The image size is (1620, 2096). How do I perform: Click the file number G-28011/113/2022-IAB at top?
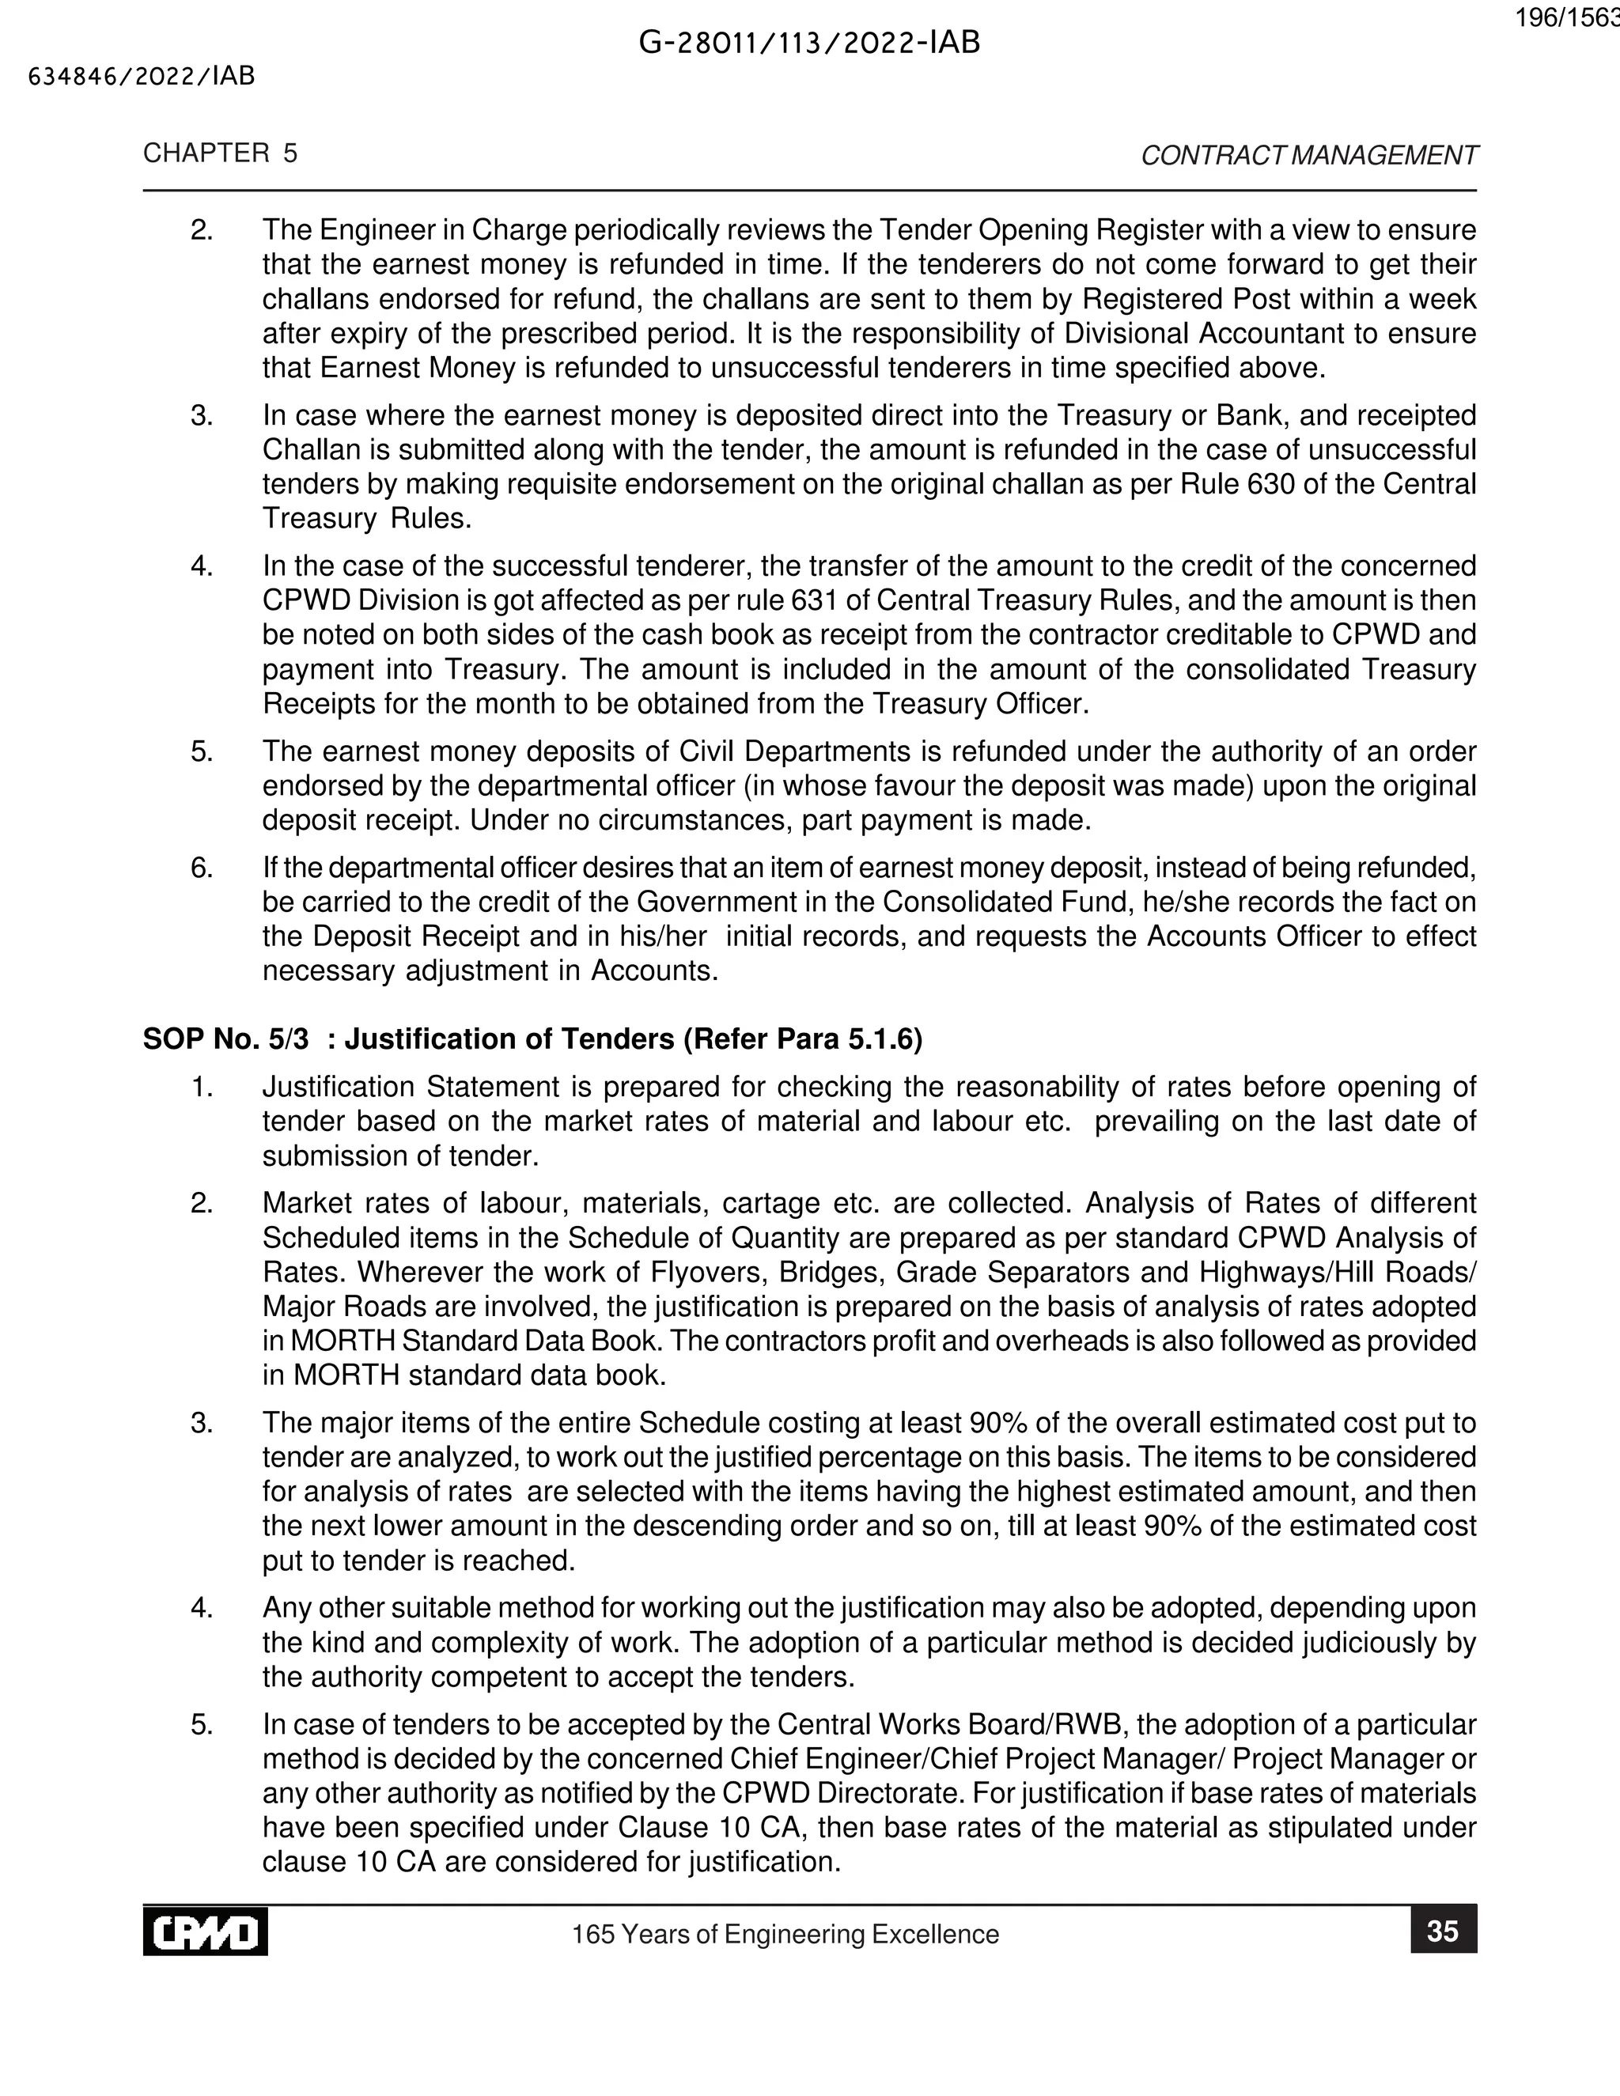click(809, 44)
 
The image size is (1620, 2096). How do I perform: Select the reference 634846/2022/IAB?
click(142, 77)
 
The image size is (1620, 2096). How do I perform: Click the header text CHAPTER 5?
click(220, 153)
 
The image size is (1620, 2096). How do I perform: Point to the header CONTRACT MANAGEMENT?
click(1309, 156)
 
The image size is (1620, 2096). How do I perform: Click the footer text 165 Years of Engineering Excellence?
click(785, 1934)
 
